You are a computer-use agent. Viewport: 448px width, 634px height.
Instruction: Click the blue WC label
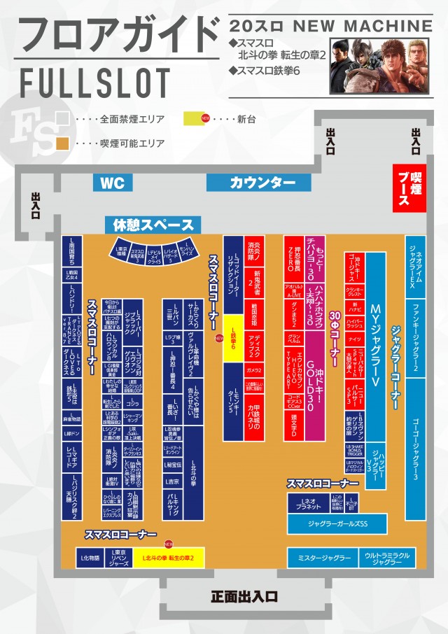coord(113,183)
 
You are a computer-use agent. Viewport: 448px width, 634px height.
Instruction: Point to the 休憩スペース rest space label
coord(153,225)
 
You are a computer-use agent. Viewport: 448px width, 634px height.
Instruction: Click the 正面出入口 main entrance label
coord(245,597)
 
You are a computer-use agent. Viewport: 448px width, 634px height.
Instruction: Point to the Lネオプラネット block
coord(307,503)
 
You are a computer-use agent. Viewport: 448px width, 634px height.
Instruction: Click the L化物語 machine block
coord(91,558)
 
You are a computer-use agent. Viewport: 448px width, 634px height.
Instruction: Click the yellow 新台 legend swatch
coord(194,118)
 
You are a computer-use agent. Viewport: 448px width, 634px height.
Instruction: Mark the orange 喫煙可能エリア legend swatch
coord(62,143)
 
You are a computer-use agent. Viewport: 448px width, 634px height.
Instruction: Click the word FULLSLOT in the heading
coord(96,83)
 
